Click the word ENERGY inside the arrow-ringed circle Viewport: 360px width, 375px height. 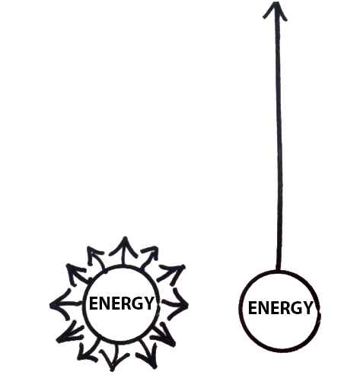[121, 303]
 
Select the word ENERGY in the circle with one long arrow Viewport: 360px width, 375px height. [280, 307]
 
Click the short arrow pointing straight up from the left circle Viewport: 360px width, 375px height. [124, 251]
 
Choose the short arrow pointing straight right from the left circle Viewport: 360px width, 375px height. [175, 303]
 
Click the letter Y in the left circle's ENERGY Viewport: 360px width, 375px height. [148, 303]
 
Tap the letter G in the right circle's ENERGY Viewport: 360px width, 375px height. [296, 308]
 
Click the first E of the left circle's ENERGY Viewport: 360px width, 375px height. [94, 303]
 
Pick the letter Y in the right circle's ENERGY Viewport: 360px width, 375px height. [307, 308]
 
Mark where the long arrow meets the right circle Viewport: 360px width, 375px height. [278, 271]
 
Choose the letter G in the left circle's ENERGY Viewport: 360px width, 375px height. [137, 303]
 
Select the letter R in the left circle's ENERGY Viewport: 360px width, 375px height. [126, 303]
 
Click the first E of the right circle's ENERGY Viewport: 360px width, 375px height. [253, 308]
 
